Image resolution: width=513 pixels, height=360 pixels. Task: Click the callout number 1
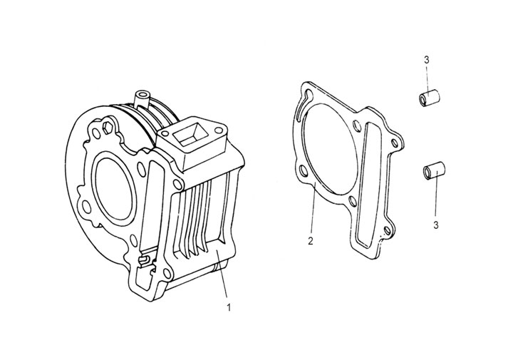[x=228, y=308]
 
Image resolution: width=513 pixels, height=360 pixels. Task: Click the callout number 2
[x=311, y=241]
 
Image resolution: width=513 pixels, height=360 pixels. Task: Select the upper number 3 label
[x=426, y=60]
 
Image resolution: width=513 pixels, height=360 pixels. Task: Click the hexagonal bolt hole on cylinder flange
[x=108, y=129]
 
